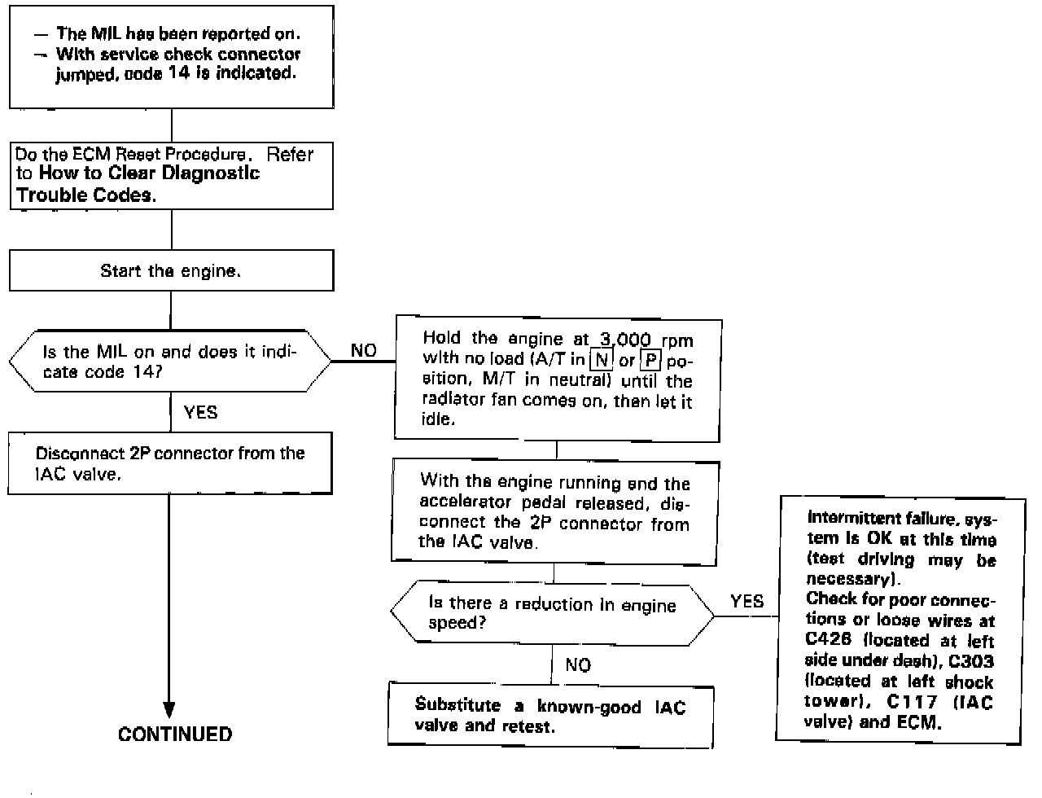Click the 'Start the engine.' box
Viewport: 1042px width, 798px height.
(x=171, y=271)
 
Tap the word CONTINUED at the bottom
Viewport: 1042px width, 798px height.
(x=175, y=734)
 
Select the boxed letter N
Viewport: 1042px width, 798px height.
(x=601, y=359)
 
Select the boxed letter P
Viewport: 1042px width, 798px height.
(x=650, y=359)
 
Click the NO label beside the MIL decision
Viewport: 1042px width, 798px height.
(x=363, y=350)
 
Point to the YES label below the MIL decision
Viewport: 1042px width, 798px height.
(x=200, y=412)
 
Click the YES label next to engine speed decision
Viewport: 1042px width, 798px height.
(x=746, y=602)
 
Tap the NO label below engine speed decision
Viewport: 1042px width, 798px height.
(x=577, y=665)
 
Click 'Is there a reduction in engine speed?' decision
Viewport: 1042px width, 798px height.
(x=552, y=613)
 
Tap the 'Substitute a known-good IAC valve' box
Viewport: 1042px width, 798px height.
(x=550, y=716)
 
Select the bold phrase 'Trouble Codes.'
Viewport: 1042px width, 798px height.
(x=85, y=195)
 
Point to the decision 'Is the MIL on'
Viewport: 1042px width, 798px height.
(x=169, y=362)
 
